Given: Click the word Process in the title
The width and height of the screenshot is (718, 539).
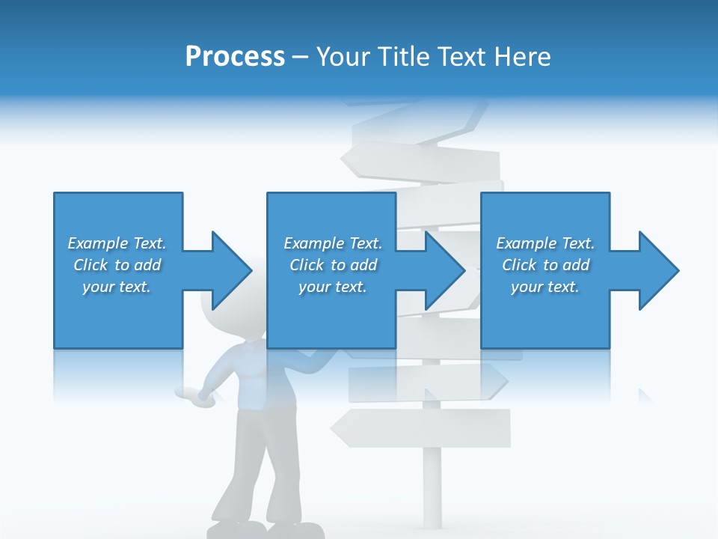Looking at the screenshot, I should pos(235,57).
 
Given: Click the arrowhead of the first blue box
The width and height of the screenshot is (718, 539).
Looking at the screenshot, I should pos(228,270).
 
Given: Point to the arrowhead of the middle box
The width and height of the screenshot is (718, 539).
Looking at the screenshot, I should pos(443,270).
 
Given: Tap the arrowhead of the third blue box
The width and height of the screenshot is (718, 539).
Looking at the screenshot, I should pos(657,270).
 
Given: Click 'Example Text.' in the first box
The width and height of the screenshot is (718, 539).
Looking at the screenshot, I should pos(117,243).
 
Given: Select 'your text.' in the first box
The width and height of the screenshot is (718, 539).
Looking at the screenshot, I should pos(117,287).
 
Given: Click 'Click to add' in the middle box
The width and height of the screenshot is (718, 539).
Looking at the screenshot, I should pos(333,265).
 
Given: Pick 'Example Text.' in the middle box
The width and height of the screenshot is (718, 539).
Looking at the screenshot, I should pos(333,243).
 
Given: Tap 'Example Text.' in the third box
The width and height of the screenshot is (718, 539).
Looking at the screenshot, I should pos(545,243).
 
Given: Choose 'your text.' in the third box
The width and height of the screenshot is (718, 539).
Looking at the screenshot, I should pos(545,287).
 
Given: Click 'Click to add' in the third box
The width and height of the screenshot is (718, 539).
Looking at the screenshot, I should pos(545,265).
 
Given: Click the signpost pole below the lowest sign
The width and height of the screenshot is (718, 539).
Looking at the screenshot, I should pos(432,487).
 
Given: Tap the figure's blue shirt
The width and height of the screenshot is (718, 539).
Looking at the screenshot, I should pos(262,382).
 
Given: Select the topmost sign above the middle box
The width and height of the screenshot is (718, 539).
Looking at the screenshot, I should pos(419,159).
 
